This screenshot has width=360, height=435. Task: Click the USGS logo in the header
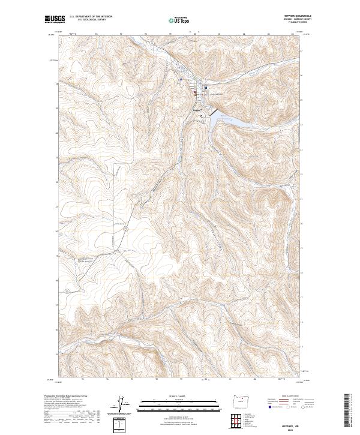pos(55,20)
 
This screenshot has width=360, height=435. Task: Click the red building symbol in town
pos(194,92)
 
